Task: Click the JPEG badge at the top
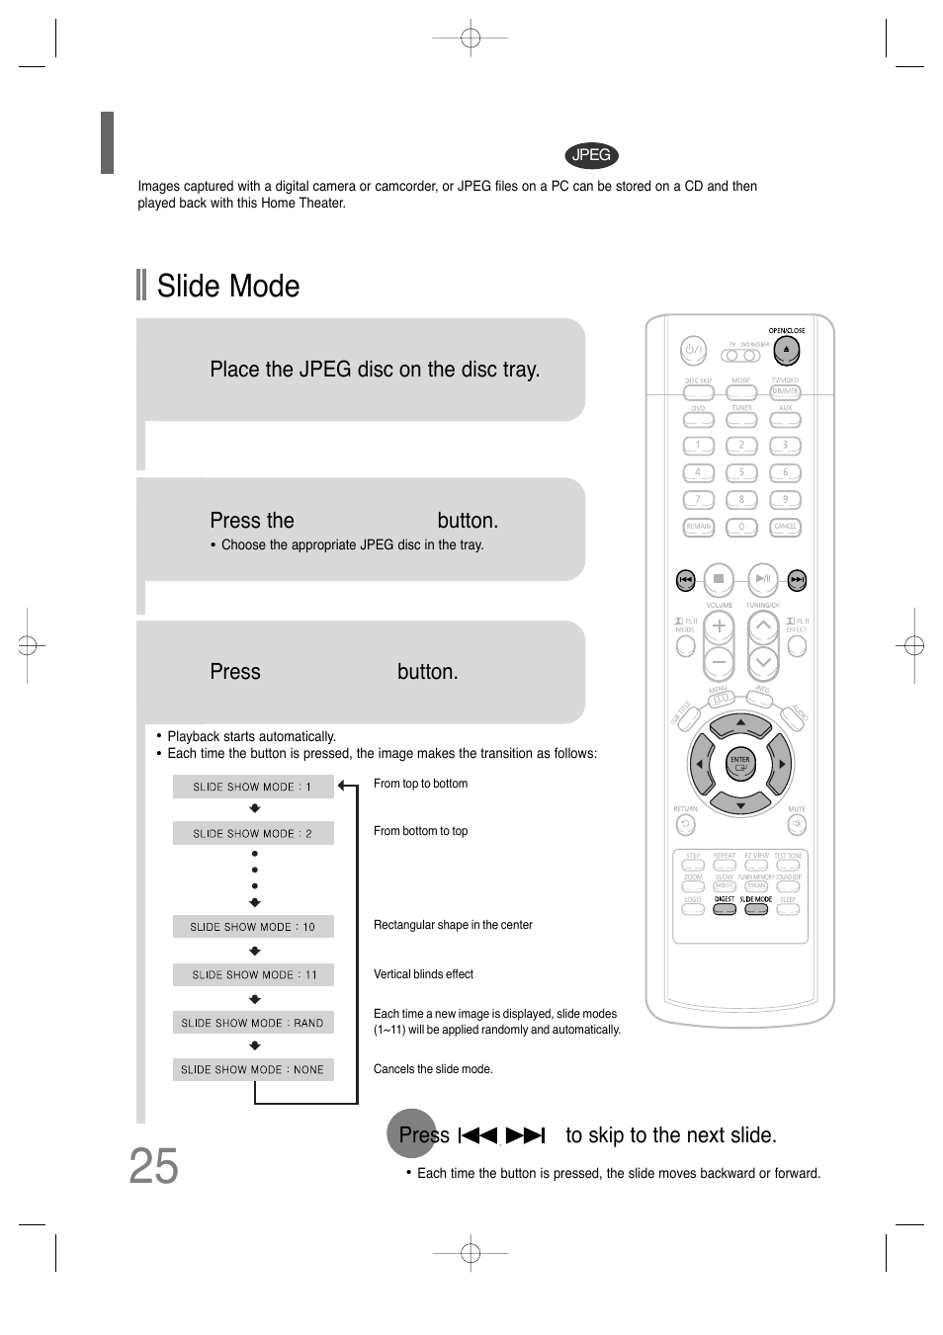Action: pyautogui.click(x=591, y=155)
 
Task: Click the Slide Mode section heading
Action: pyautogui.click(x=227, y=286)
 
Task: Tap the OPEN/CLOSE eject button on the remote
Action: pyautogui.click(x=786, y=350)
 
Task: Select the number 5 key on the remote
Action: pyautogui.click(x=741, y=473)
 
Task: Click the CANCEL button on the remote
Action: pyautogui.click(x=785, y=528)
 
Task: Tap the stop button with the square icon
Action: pyautogui.click(x=719, y=579)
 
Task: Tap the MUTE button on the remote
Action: pyautogui.click(x=797, y=824)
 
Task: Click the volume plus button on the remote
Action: pyautogui.click(x=719, y=626)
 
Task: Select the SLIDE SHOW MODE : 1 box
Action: pyautogui.click(x=253, y=787)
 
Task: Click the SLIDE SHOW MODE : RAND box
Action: pyautogui.click(x=253, y=1023)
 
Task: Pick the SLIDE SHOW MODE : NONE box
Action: pyautogui.click(x=253, y=1069)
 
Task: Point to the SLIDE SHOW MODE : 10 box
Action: pyautogui.click(x=253, y=927)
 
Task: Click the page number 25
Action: pyautogui.click(x=153, y=1167)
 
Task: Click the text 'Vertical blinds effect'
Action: pyautogui.click(x=423, y=974)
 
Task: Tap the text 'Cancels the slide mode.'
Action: pyautogui.click(x=433, y=1069)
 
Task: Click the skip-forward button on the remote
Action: pyautogui.click(x=797, y=580)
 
